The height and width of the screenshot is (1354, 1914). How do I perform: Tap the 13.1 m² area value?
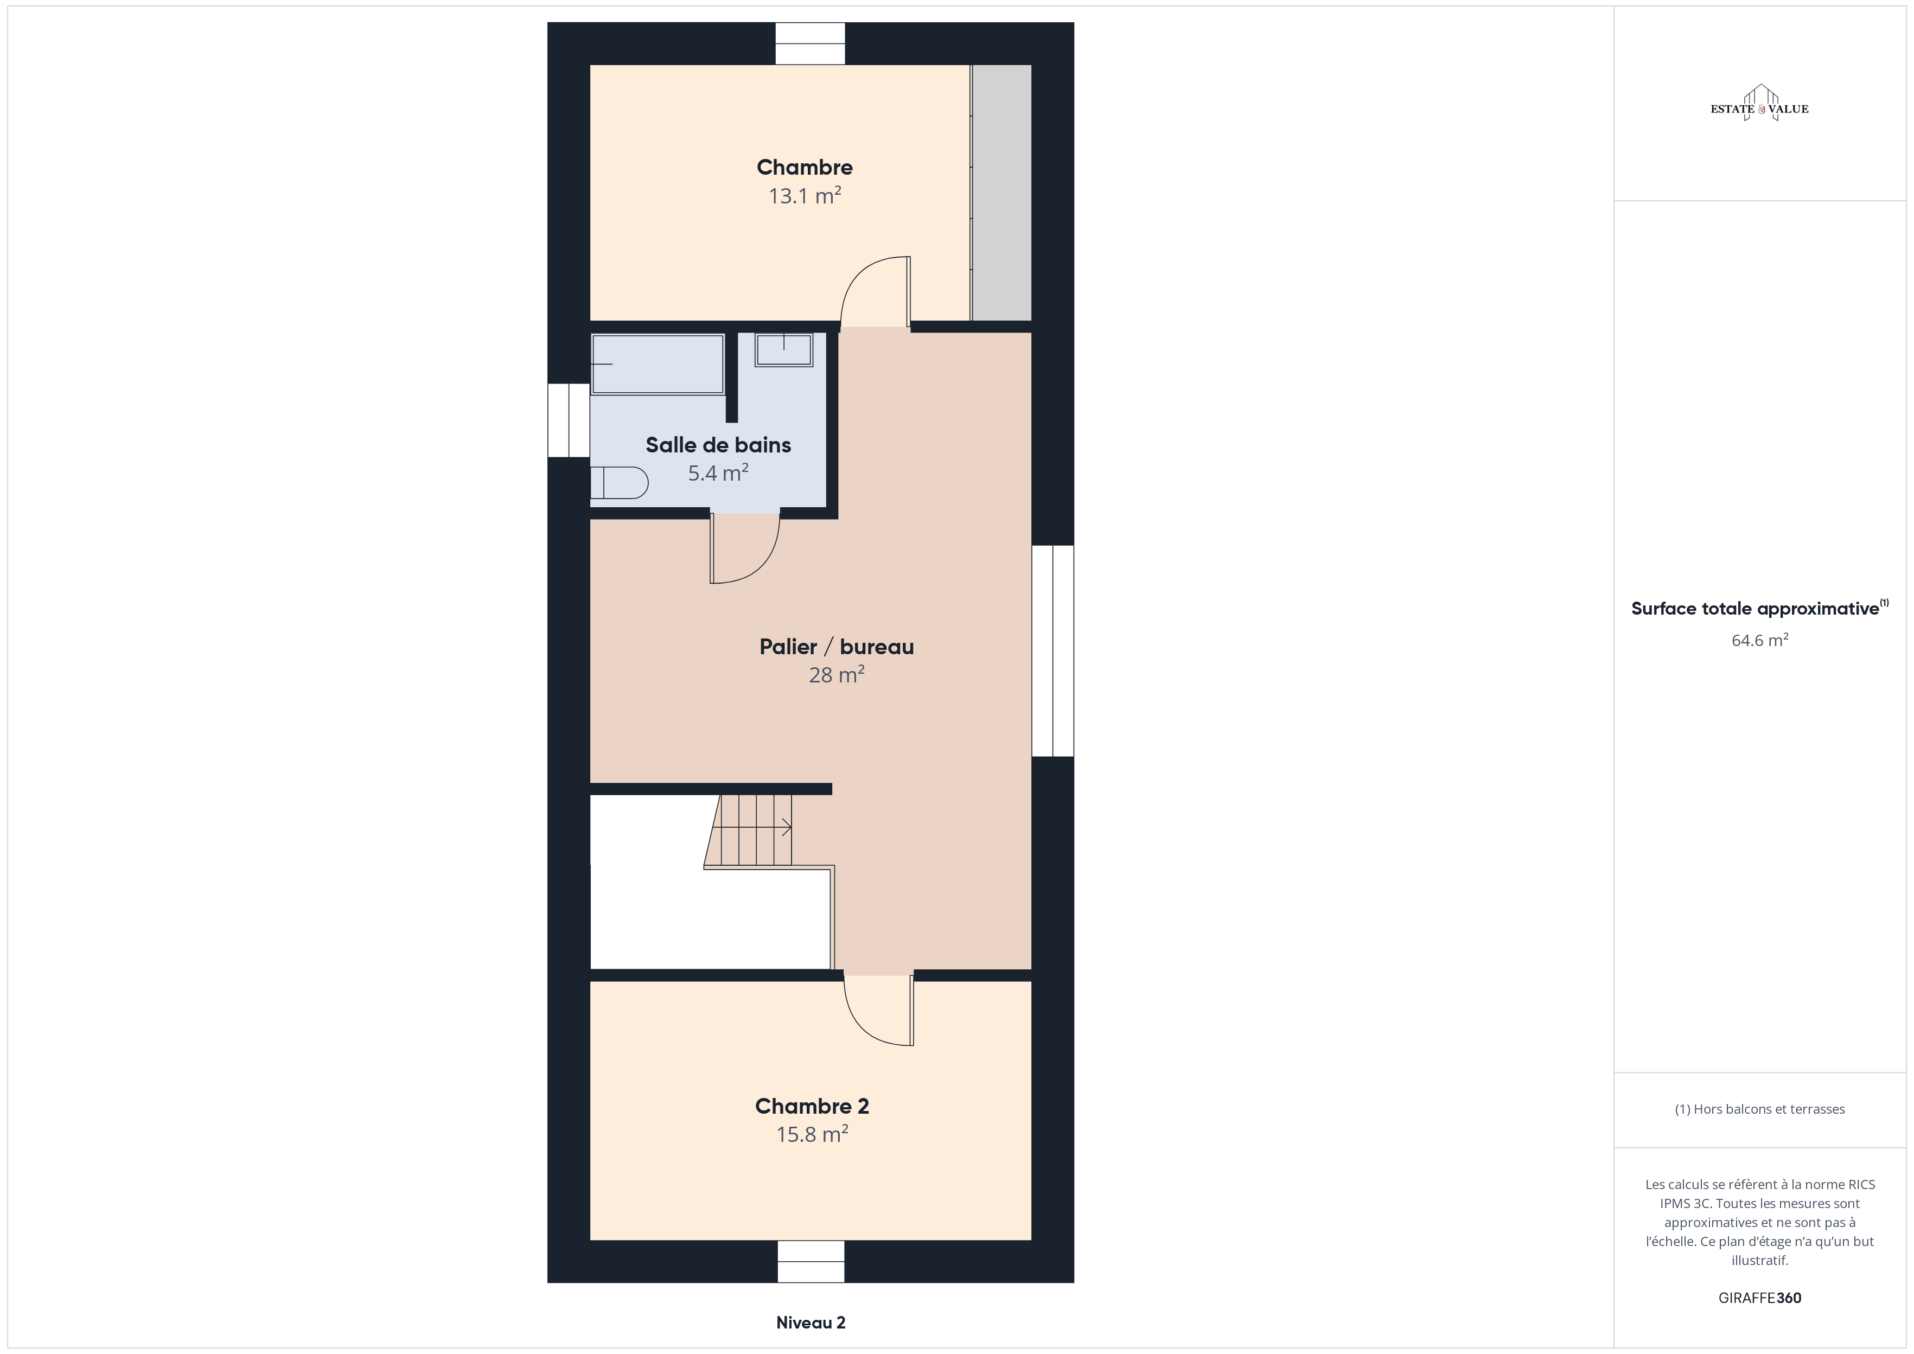(805, 196)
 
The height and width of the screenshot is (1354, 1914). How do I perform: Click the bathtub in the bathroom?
(658, 363)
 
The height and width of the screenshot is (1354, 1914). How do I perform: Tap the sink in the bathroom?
(783, 349)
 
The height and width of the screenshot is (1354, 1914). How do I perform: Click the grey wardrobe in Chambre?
(1001, 193)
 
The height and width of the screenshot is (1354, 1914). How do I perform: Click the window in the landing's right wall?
(1053, 651)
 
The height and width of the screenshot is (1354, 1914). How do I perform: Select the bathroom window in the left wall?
(569, 420)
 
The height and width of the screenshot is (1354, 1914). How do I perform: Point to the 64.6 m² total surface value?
(1760, 640)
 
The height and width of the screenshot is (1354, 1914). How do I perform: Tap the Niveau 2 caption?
(811, 1323)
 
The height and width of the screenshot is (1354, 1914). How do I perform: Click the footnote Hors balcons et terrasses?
(1760, 1109)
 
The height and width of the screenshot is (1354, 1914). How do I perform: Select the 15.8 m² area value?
(812, 1135)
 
